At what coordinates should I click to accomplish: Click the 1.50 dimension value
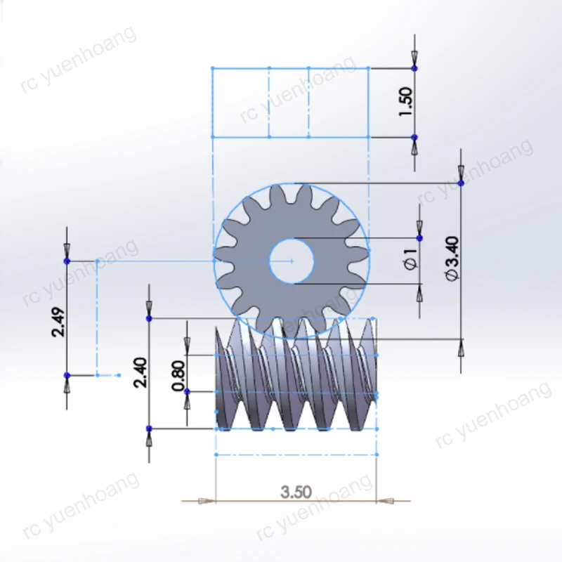coord(405,103)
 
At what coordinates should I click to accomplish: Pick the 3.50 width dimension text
coord(296,491)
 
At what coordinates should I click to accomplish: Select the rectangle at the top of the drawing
coord(291,103)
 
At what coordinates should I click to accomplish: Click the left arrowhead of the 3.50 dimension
coord(205,501)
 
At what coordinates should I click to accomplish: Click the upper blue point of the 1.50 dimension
coord(414,68)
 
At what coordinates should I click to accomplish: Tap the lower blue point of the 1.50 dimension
coord(414,137)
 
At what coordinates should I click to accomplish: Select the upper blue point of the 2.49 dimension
coord(67,261)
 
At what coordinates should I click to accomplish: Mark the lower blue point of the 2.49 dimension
coord(67,375)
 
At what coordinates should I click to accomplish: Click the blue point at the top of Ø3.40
coord(461,183)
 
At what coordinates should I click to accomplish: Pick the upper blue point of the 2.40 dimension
coord(148,318)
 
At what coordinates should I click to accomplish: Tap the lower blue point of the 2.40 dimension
coord(148,428)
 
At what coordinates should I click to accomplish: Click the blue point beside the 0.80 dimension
coord(187,391)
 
